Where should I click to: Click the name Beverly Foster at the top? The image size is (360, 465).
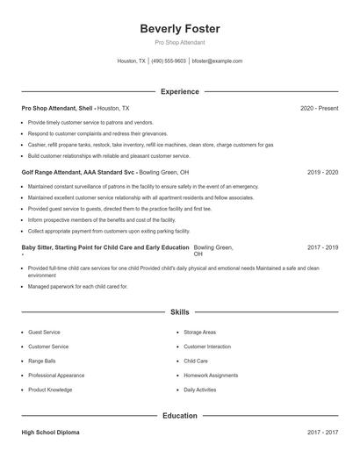(x=180, y=29)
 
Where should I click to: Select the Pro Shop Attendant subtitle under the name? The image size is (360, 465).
(x=180, y=43)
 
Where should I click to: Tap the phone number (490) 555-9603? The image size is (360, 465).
(x=169, y=61)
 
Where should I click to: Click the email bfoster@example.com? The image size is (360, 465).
(x=217, y=61)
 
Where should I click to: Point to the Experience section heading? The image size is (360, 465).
(x=180, y=91)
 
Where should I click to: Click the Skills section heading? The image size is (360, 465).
(x=180, y=311)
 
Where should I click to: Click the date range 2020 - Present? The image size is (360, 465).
(x=319, y=108)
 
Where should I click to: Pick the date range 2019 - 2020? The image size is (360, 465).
(x=322, y=173)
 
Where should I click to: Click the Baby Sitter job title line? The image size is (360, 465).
(x=104, y=247)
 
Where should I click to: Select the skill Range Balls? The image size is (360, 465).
(x=42, y=361)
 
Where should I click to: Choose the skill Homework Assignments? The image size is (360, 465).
(x=211, y=375)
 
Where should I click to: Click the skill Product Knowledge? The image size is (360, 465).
(x=50, y=389)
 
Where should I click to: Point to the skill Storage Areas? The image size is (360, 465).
(x=199, y=333)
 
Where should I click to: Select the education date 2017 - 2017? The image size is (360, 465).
(x=322, y=433)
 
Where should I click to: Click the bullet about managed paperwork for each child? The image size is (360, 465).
(x=77, y=286)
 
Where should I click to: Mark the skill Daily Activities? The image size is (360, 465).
(x=199, y=389)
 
